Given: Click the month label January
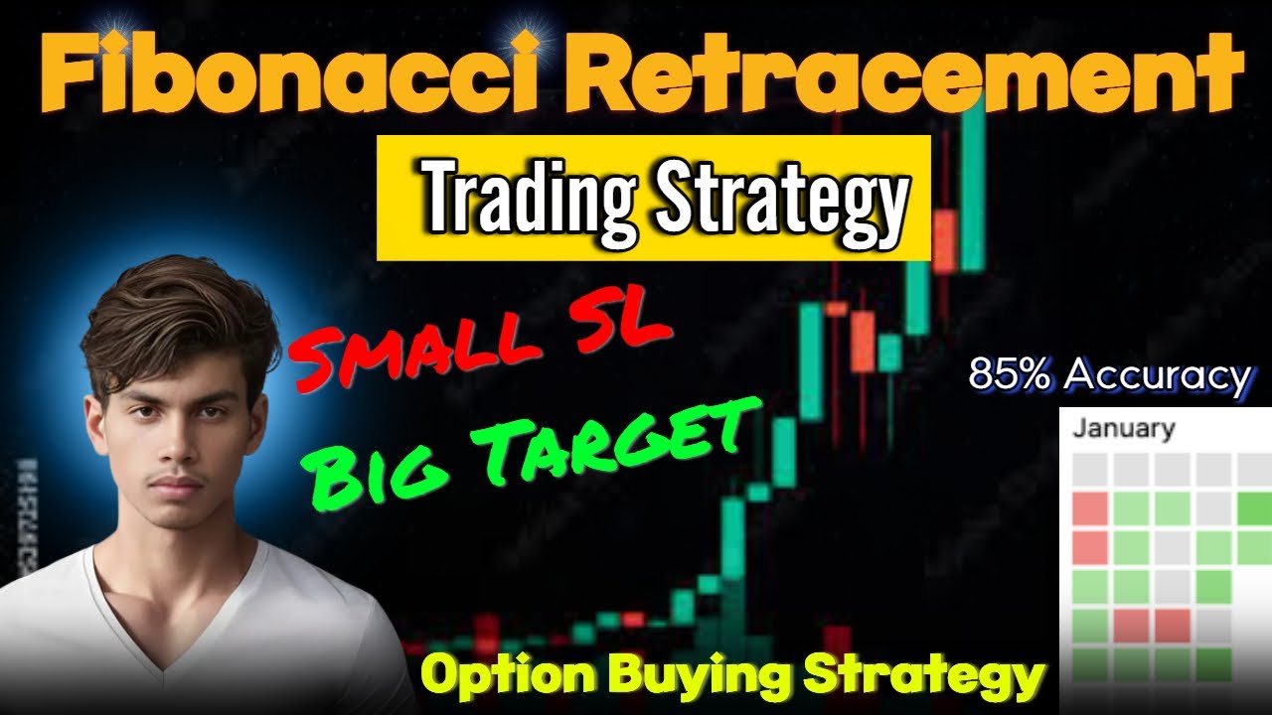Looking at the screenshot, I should tap(1123, 429).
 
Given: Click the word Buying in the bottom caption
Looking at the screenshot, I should tap(697, 678).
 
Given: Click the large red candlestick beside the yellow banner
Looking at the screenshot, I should tap(947, 238).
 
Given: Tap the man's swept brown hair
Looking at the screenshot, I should tap(179, 318).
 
